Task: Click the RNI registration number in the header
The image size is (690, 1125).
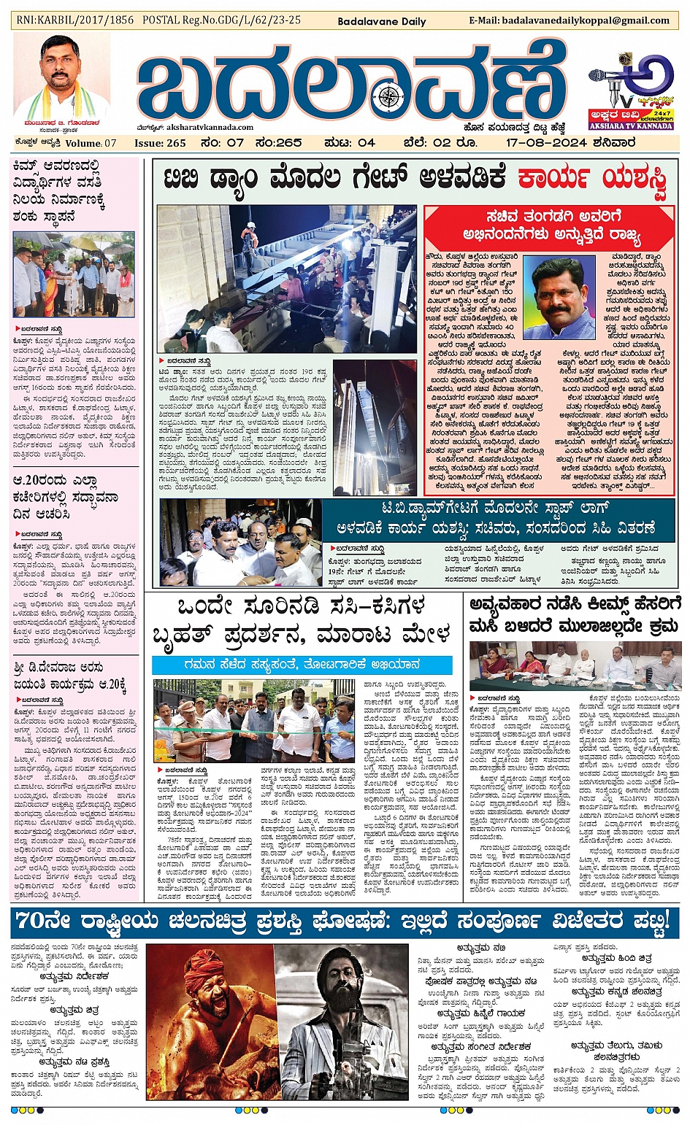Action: (x=75, y=20)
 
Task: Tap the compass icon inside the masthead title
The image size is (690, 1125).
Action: (x=391, y=96)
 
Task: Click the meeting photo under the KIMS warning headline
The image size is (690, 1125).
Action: (x=575, y=666)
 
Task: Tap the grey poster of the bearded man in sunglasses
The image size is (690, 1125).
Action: (x=341, y=1021)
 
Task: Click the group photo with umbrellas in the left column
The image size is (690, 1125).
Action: (x=74, y=274)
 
